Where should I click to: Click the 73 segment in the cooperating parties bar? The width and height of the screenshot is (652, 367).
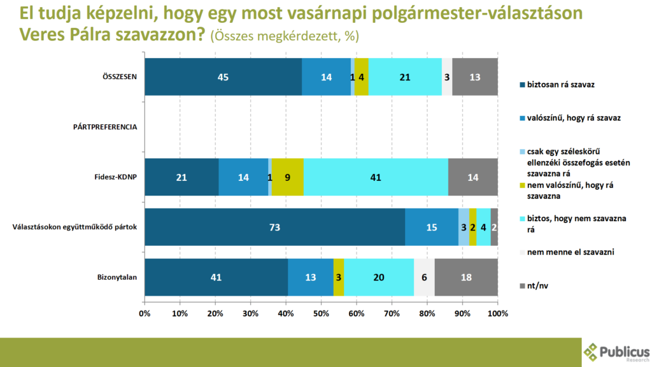coord(274,227)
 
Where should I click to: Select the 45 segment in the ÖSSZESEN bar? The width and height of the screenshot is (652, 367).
coord(223,76)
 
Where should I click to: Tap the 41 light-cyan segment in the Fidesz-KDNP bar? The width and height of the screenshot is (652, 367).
coord(376,177)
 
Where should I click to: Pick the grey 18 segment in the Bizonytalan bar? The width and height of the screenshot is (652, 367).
coord(465,277)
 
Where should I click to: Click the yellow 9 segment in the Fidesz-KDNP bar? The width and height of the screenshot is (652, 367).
coord(287,177)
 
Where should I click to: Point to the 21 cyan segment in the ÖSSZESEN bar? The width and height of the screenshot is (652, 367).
coord(405,76)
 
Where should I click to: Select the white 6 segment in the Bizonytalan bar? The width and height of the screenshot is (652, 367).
coord(424,277)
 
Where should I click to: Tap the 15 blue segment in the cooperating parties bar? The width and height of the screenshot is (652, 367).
coord(432,227)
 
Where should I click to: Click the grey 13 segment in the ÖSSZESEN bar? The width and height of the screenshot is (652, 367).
coord(474,76)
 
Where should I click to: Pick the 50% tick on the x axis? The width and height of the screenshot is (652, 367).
coord(321,313)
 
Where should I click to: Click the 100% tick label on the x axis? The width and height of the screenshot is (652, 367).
coord(497,313)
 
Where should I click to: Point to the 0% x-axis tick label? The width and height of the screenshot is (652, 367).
coord(145,313)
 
